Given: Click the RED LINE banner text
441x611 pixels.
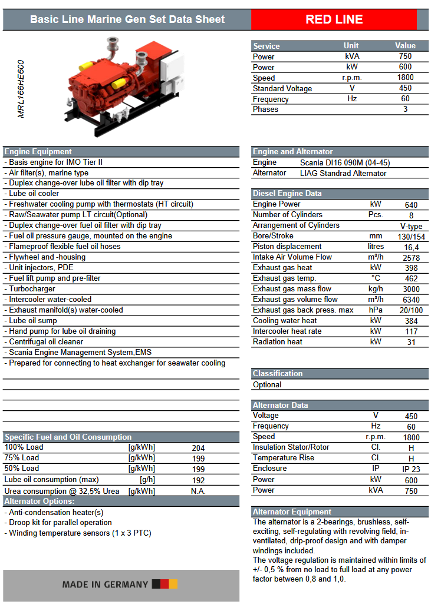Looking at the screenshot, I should pos(334,19).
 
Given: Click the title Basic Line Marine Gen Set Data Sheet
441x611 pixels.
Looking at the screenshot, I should pos(127,19).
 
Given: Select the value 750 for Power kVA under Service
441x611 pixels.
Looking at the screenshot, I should pos(405,57).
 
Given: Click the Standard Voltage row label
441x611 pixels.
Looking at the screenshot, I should pos(282,88).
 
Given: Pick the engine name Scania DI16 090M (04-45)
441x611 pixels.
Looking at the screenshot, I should pos(345,162).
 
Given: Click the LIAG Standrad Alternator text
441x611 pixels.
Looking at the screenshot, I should pos(343,173).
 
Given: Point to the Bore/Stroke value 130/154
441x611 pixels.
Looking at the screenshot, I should pos(411,236).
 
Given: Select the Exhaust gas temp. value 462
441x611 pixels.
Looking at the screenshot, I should pos(411,278).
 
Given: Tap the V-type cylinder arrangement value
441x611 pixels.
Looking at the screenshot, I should pos(411,226).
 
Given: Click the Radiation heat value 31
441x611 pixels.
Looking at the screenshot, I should pos(411,342).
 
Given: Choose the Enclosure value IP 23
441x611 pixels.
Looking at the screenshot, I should pos(411,469).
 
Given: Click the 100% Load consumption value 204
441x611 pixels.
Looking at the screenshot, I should pos(198,448).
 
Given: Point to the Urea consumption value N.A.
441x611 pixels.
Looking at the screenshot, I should pos(198,491).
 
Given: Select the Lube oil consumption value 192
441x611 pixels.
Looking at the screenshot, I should pos(198,480).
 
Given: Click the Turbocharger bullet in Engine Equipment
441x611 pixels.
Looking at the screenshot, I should pos(32,289).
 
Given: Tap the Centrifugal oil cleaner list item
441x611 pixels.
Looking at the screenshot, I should pos(46,342).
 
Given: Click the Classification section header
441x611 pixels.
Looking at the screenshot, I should pos(278,374).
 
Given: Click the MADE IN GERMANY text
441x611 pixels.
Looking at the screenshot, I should pos(105,585).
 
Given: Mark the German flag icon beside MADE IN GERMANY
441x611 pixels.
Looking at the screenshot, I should pos(164,584).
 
